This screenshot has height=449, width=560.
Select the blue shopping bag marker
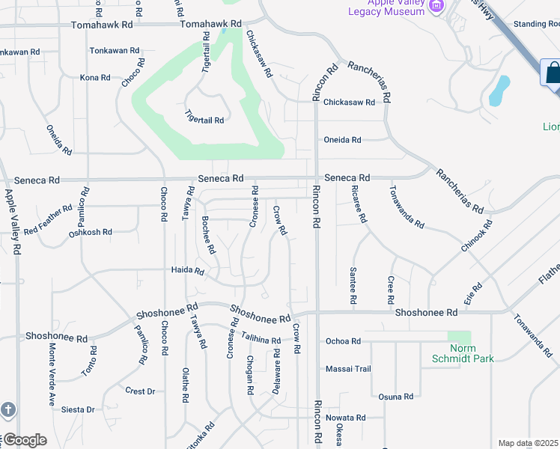click(x=553, y=73)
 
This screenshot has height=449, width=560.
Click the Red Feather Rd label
click(x=48, y=219)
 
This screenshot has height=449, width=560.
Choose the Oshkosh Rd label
click(x=90, y=232)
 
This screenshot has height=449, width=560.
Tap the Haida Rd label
click(x=187, y=270)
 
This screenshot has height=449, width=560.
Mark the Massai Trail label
click(x=348, y=369)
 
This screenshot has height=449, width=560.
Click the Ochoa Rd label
click(x=343, y=341)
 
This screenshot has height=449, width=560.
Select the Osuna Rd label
click(x=396, y=397)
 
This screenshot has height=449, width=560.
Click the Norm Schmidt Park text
click(x=463, y=353)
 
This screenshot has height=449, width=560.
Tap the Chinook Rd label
click(x=477, y=235)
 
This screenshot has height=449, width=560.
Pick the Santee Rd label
click(x=353, y=285)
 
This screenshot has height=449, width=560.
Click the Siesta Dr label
click(x=79, y=409)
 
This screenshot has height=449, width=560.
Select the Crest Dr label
click(x=140, y=391)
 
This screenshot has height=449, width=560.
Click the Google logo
click(x=24, y=440)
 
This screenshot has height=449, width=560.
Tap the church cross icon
click(x=7, y=409)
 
